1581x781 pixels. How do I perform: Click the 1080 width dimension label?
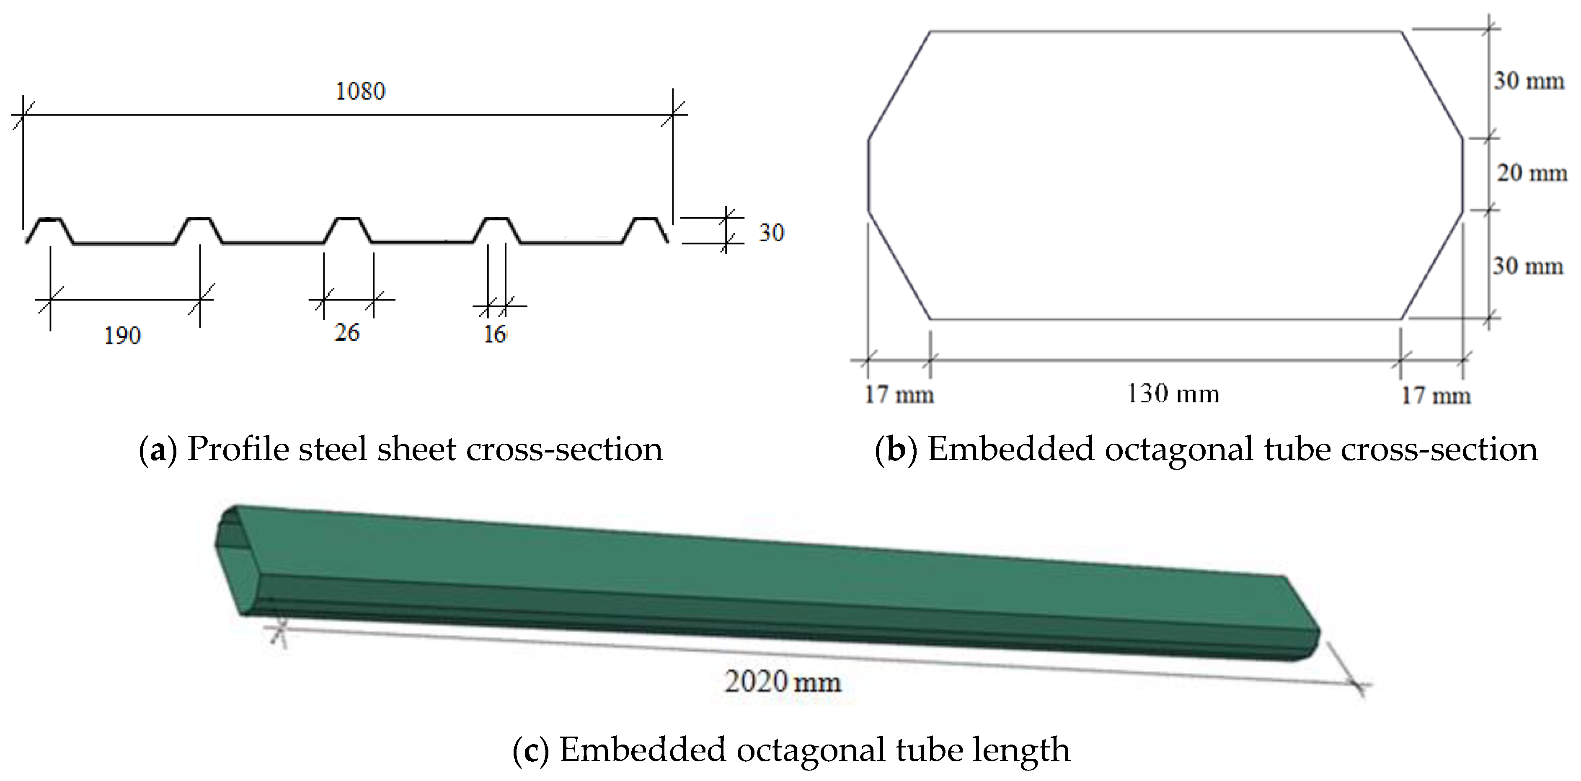click(360, 91)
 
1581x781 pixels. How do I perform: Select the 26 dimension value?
click(347, 333)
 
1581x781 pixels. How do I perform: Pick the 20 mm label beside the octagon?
click(1531, 173)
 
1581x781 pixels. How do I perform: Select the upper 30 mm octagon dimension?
click(1528, 80)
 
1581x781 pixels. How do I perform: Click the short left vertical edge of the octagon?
click(868, 176)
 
